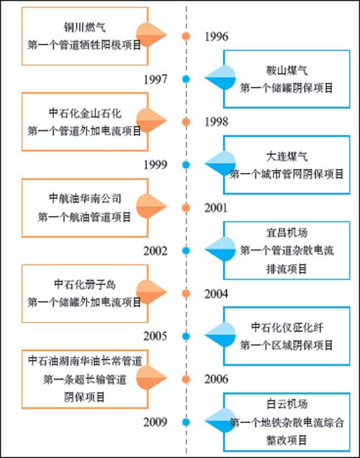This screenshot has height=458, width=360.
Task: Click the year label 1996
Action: click(216, 37)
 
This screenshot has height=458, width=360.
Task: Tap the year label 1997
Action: click(156, 79)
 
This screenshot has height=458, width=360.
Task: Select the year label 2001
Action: click(216, 207)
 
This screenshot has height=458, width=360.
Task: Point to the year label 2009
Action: click(156, 422)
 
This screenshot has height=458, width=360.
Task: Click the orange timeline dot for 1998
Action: click(186, 122)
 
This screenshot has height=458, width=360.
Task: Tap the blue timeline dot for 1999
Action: click(186, 165)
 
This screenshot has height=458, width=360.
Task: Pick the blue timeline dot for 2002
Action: click(186, 251)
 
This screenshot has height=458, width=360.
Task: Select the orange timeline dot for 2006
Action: click(186, 379)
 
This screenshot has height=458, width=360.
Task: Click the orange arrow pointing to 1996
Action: click(151, 35)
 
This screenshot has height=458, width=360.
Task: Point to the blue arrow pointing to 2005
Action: click(220, 336)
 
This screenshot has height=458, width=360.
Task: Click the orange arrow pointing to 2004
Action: click(151, 292)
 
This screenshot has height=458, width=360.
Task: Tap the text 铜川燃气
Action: click(85, 27)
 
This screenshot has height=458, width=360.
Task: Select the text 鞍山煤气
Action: click(287, 70)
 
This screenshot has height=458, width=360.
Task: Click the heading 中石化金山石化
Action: click(85, 113)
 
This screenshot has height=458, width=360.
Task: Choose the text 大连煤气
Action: click(287, 156)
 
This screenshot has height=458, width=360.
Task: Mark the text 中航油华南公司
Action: click(85, 199)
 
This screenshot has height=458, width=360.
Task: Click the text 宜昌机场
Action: click(287, 233)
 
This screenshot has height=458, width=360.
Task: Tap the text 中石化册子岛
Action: click(85, 284)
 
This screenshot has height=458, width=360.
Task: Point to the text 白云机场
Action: click(287, 404)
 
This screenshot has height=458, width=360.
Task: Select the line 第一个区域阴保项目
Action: click(287, 345)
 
